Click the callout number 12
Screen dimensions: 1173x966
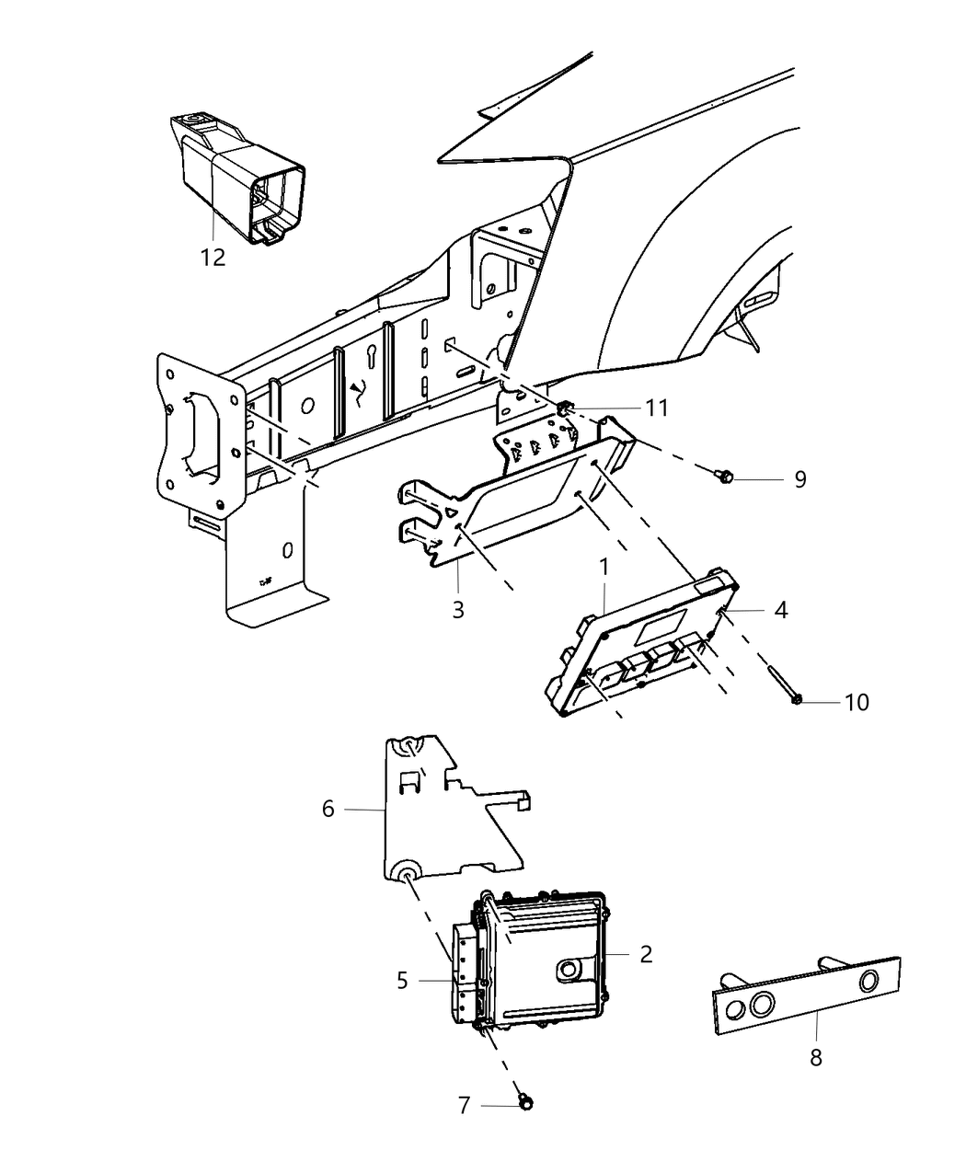point(213,257)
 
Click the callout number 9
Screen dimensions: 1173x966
point(799,479)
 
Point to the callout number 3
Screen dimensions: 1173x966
point(458,609)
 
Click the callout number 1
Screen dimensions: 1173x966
point(604,569)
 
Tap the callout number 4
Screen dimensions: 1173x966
point(780,609)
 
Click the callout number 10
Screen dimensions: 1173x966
point(856,702)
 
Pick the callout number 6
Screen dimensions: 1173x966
point(328,809)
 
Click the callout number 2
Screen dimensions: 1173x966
point(646,954)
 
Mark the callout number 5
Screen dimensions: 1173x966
point(402,981)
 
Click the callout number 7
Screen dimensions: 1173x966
point(465,1105)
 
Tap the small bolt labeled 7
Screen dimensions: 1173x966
point(524,1100)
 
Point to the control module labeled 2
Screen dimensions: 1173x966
point(543,957)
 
